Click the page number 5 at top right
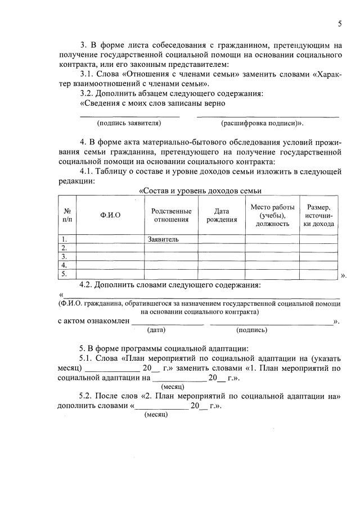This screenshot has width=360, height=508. click(340, 23)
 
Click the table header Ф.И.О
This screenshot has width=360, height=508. click(110, 215)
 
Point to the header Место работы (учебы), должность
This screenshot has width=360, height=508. click(272, 215)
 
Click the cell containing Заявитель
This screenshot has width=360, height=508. click(163, 239)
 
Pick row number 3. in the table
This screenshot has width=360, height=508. click(65, 256)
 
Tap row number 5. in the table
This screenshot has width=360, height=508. click(65, 274)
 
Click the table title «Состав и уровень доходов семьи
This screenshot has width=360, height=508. click(200, 191)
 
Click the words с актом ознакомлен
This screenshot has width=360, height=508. click(93, 321)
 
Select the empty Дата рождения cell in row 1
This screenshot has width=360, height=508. click(222, 239)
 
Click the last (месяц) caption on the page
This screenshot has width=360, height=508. click(156, 414)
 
